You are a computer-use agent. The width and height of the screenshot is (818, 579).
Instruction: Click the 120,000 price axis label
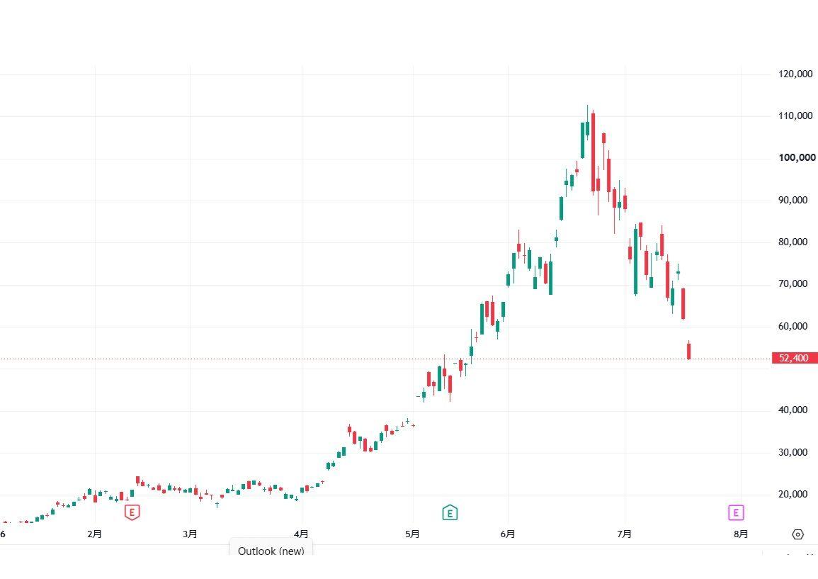point(795,74)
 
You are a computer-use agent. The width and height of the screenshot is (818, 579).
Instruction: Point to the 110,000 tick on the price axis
point(795,116)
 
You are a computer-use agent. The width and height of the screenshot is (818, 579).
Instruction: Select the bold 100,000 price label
point(797,157)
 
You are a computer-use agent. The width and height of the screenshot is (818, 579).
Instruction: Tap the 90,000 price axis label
point(793,200)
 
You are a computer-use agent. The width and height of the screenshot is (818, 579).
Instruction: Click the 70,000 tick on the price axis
point(793,284)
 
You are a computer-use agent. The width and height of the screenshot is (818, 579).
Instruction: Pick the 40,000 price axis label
point(793,410)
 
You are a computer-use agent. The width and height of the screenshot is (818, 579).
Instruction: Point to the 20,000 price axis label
point(793,494)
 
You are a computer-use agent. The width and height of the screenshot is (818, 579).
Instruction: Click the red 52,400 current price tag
point(795,358)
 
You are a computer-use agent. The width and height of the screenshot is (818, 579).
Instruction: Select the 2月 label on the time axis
point(94,534)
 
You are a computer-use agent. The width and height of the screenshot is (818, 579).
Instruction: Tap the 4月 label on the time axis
point(301,534)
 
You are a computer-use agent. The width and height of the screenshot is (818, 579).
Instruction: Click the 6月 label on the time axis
point(508,534)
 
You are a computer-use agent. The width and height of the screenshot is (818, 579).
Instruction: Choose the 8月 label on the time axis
point(740,534)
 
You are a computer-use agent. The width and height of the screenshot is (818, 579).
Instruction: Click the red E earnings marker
point(132,512)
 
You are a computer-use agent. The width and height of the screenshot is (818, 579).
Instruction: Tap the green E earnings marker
point(450,512)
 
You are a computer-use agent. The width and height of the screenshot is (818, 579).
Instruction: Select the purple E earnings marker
point(736,512)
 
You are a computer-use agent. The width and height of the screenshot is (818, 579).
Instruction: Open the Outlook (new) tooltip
point(271,550)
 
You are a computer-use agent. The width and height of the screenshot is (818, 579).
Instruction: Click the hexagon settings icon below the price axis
point(797,534)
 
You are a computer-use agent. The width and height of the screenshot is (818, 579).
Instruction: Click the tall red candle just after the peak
point(593,152)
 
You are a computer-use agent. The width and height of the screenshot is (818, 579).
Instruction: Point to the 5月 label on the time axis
point(412,534)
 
